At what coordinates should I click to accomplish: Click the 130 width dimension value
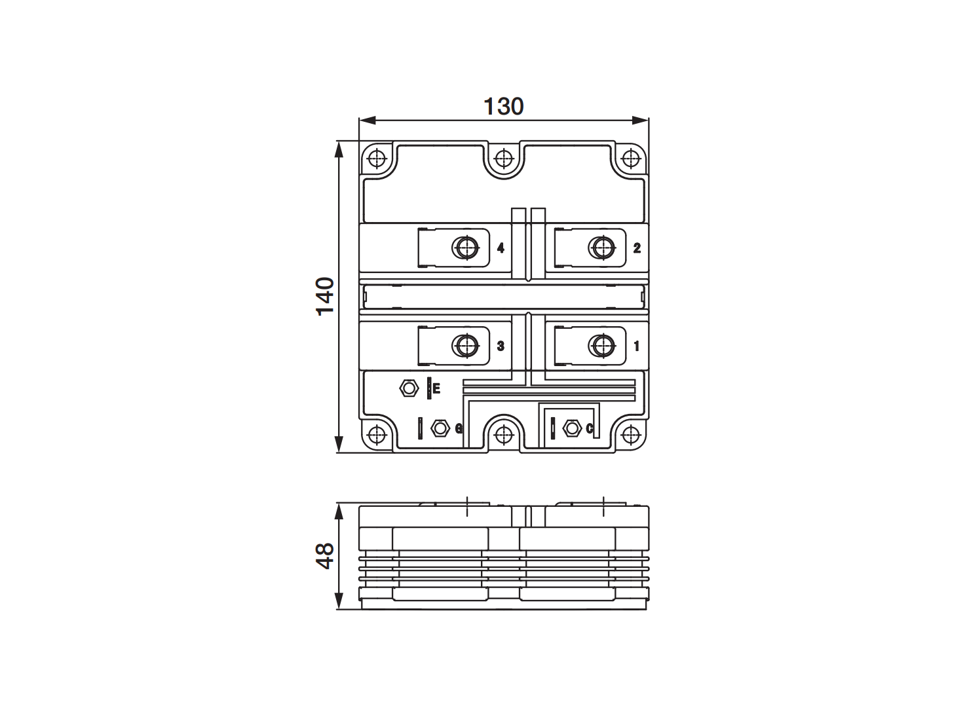point(503,107)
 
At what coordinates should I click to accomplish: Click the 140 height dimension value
point(325,296)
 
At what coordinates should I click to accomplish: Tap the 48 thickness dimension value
point(325,556)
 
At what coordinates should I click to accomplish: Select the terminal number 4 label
point(501,248)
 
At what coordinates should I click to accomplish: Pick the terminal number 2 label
point(637,248)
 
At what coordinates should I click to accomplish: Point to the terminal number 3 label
point(501,346)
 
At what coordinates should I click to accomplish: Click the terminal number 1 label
point(636,346)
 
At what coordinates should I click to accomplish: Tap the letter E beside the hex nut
point(436,388)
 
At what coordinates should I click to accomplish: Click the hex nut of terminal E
point(409,388)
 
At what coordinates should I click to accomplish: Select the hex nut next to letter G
point(440,428)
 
